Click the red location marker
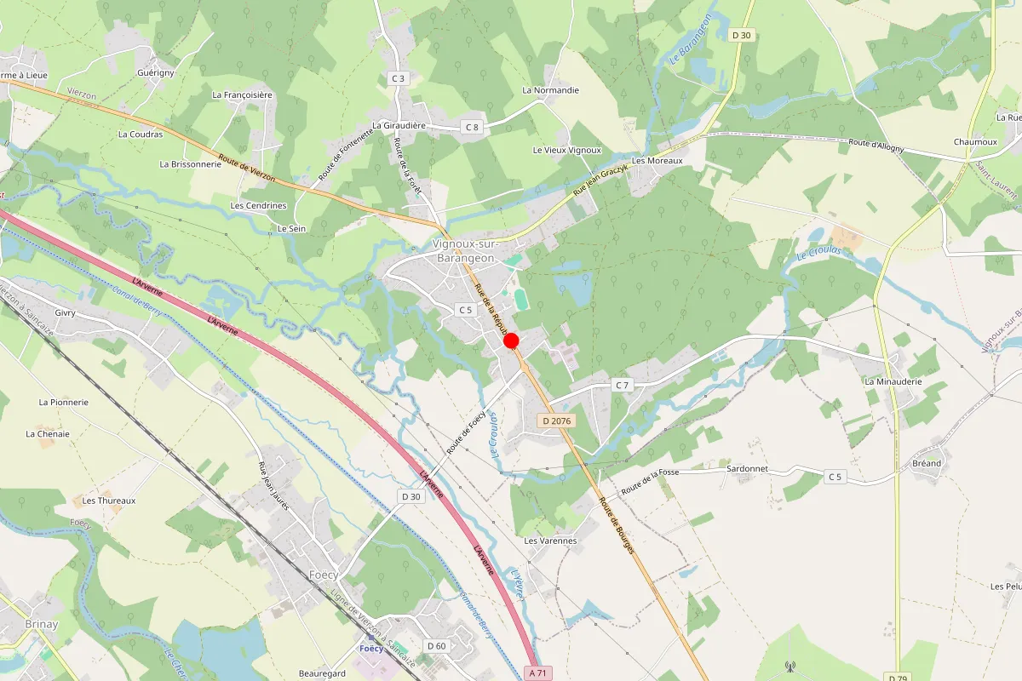pos(512,341)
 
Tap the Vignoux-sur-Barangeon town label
pos(464,250)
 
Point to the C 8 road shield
pos(472,127)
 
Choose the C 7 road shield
pos(623,386)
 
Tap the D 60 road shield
pos(436,646)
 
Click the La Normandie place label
pos(550,89)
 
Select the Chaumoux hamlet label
pos(975,141)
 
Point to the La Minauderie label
pos(893,381)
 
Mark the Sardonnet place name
pos(747,468)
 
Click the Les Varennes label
pos(550,541)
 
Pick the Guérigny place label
pos(155,73)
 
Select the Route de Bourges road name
pos(617,526)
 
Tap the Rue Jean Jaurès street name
pos(273,485)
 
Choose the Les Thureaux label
pos(109,501)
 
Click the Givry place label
pos(65,312)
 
